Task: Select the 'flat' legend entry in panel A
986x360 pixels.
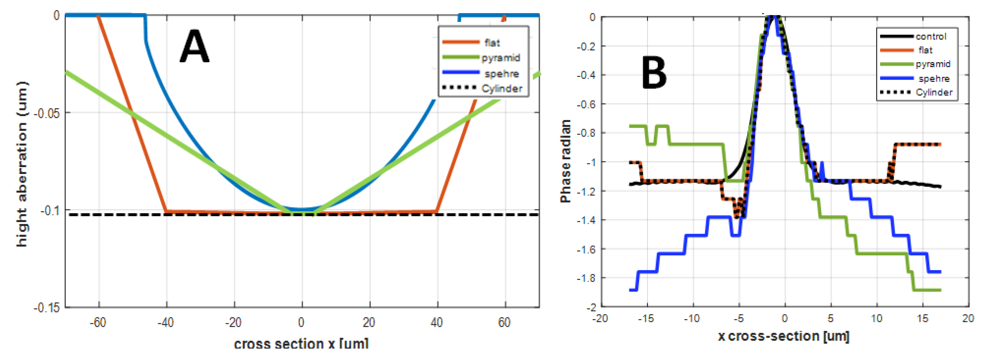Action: point(492,43)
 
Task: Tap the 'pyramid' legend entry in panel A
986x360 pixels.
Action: point(501,58)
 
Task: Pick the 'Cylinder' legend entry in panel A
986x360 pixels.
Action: point(501,88)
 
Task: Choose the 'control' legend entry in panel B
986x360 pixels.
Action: point(931,36)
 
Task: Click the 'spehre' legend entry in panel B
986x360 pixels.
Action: point(934,78)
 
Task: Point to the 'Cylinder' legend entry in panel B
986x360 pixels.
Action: point(934,92)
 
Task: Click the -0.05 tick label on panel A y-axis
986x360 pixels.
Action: point(47,113)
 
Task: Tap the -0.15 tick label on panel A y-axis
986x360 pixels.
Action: point(47,307)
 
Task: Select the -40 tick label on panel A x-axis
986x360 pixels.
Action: point(165,322)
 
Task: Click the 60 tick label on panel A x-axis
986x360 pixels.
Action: point(504,322)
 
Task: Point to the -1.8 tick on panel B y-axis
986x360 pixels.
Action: point(586,278)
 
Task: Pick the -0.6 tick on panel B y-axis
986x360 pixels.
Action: point(586,104)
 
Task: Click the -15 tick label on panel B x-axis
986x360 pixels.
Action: point(646,318)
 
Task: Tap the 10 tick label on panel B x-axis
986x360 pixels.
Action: point(876,318)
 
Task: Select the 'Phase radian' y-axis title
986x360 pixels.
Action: point(566,161)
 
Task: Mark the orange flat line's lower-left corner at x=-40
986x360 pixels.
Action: point(166,211)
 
